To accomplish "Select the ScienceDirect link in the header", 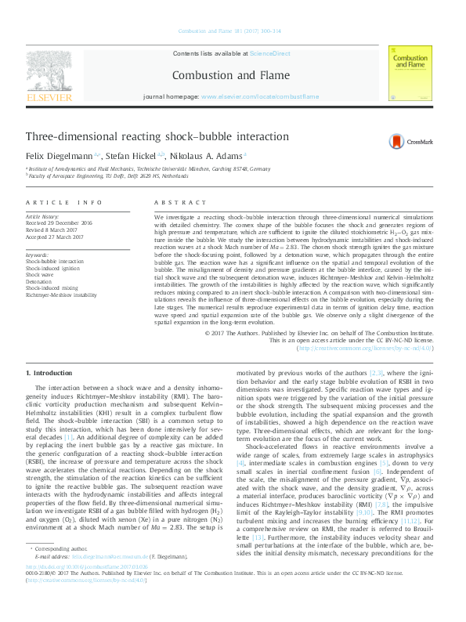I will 269,53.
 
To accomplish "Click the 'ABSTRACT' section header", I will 173,202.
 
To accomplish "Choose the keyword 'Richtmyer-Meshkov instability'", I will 61,295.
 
